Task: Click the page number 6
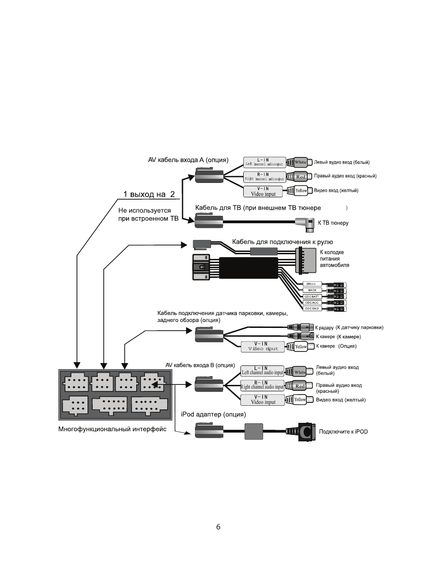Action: tap(218, 527)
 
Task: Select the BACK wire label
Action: tap(312, 290)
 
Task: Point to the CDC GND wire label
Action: tap(312, 308)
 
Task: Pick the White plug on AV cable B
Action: tap(299, 372)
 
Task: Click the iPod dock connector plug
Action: tap(304, 432)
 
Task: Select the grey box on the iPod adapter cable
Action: tap(253, 431)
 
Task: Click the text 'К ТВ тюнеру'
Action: tap(333, 223)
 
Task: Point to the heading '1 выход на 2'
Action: tap(149, 194)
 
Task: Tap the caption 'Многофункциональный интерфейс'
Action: tap(112, 429)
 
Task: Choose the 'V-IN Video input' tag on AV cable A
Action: tap(263, 191)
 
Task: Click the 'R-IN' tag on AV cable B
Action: tap(262, 385)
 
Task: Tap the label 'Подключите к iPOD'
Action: tap(343, 432)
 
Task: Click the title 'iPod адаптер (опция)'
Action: tap(213, 415)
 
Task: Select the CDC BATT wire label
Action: tap(312, 296)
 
